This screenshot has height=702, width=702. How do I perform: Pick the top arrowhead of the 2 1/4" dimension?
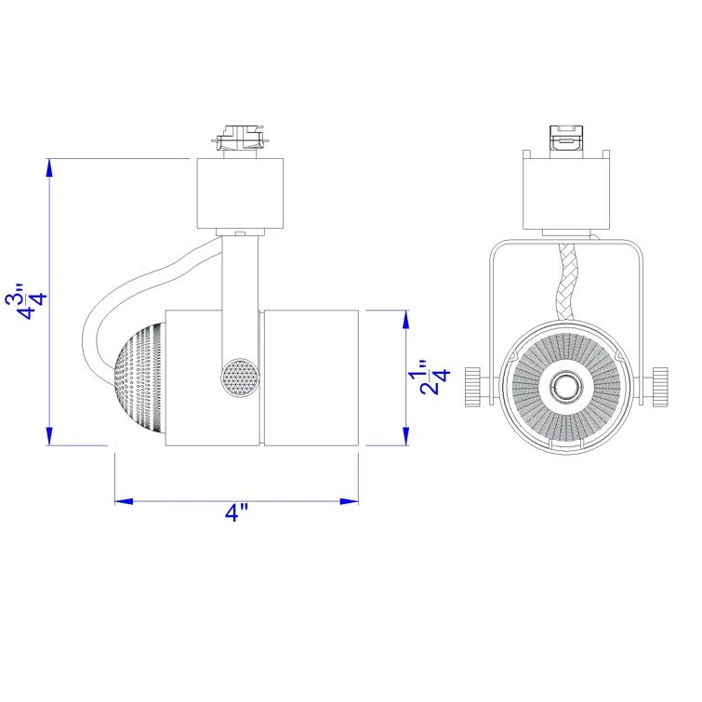tap(405, 319)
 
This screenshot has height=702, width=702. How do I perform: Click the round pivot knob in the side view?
tap(239, 378)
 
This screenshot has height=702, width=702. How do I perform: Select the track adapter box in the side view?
tap(240, 193)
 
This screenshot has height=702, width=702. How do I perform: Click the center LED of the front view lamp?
tap(564, 385)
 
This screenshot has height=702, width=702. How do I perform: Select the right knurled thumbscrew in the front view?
tap(659, 386)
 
